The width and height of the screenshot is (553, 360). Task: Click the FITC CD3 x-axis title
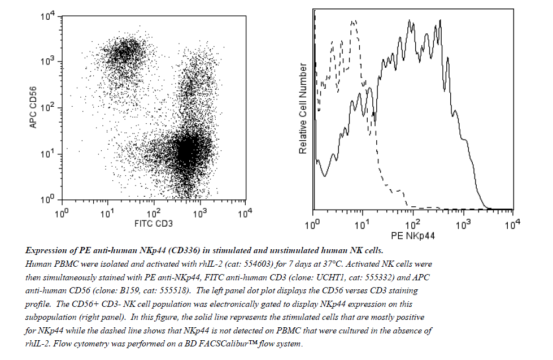154,224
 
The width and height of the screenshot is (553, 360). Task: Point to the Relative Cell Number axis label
303,109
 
